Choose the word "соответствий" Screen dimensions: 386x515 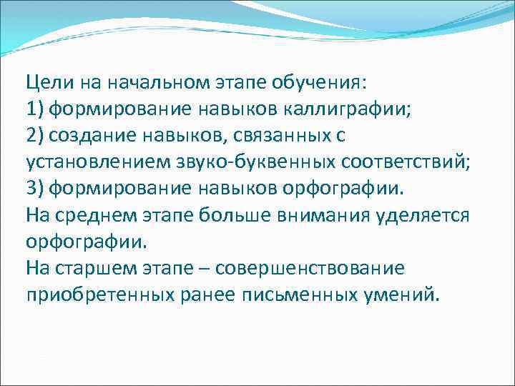click(x=404, y=162)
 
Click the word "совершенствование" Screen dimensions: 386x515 click(x=318, y=269)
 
